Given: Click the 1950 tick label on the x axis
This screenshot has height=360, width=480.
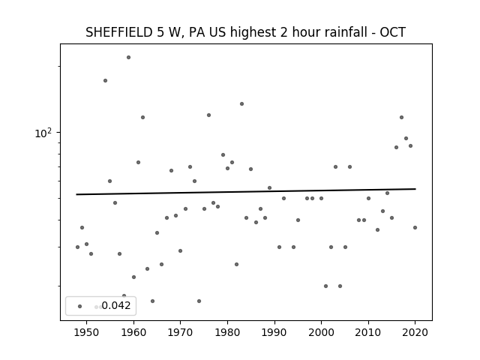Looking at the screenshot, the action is click(87, 332).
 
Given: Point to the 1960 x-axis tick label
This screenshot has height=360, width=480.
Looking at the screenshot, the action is click(133, 332).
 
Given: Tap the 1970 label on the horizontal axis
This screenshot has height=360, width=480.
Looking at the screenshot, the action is click(180, 332).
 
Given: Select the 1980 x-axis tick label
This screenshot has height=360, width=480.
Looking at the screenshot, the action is click(227, 332).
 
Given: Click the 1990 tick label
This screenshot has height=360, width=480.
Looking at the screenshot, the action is click(274, 332).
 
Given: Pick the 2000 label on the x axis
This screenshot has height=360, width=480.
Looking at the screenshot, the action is click(321, 332).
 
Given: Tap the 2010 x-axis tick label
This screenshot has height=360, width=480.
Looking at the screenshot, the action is click(368, 332).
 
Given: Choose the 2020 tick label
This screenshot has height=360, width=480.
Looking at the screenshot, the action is click(415, 332).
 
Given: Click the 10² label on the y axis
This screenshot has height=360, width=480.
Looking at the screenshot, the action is click(43, 133).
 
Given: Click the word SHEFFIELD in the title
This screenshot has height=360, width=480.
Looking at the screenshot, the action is click(119, 32).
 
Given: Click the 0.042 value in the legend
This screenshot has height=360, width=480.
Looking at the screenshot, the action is click(116, 305).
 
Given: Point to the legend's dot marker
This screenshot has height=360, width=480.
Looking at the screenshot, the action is click(80, 306).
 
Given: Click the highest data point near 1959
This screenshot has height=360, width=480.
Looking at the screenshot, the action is click(128, 57).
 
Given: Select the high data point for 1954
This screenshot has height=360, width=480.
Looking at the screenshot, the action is click(105, 80).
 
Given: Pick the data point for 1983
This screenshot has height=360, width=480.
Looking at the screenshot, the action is click(241, 103).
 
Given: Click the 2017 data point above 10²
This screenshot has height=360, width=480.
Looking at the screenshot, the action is click(402, 117).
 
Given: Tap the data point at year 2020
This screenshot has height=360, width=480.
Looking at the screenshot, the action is click(415, 227).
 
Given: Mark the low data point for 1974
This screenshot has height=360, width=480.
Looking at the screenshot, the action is click(199, 301).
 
